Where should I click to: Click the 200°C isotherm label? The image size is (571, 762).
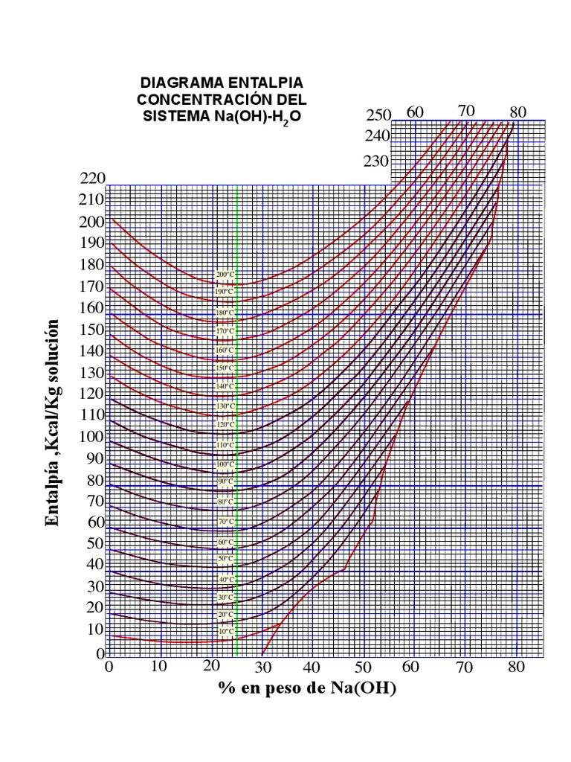point(225,275)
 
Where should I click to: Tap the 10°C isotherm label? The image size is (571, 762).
point(225,631)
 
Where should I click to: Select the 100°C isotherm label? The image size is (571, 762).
point(225,464)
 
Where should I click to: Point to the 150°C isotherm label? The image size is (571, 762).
point(225,368)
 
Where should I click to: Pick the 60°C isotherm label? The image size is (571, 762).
point(225,542)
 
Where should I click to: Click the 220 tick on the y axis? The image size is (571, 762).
point(94,178)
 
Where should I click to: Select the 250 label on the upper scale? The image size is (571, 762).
point(378,115)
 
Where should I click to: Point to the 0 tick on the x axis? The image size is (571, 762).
point(109,666)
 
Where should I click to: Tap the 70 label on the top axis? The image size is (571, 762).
point(466,111)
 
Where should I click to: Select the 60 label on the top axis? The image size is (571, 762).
point(415,112)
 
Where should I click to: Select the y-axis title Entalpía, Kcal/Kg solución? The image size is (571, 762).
point(53,422)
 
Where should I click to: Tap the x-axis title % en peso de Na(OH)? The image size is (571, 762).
point(307,689)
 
